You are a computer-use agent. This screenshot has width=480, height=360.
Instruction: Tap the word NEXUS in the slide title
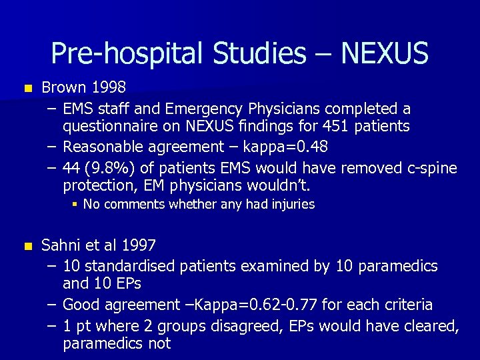pyautogui.click(x=385, y=54)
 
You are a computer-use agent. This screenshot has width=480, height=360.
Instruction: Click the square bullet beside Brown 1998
pyautogui.click(x=27, y=88)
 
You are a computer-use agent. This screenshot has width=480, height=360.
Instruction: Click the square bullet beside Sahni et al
pyautogui.click(x=27, y=246)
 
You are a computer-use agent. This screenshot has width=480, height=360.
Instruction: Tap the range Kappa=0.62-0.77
pyautogui.click(x=255, y=305)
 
